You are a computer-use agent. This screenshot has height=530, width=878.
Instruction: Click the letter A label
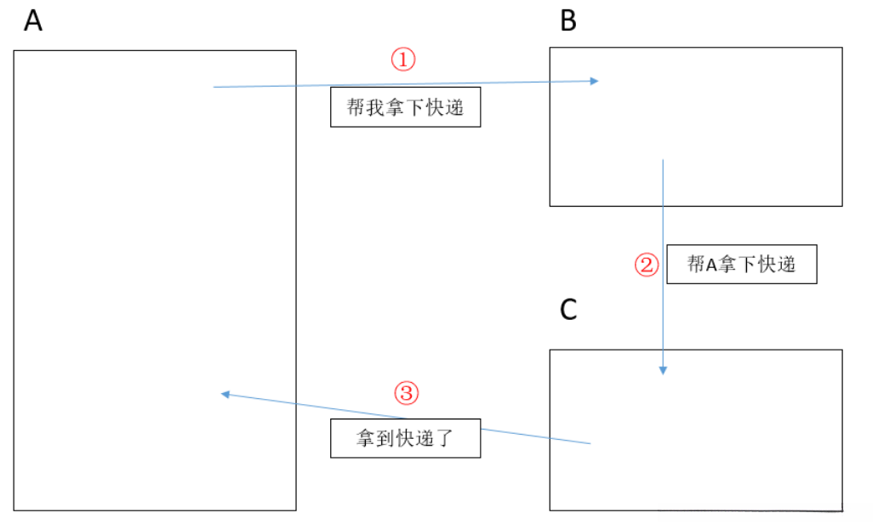click(x=33, y=21)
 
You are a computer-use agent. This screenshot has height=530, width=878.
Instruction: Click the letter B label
click(x=568, y=21)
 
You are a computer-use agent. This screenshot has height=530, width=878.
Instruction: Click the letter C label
click(x=568, y=311)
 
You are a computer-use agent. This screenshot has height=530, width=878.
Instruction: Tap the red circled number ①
click(x=402, y=60)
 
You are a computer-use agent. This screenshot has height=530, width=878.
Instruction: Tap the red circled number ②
click(x=647, y=265)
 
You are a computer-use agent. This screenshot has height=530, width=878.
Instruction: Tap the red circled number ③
click(x=407, y=393)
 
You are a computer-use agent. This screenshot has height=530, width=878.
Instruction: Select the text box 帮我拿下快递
click(x=405, y=107)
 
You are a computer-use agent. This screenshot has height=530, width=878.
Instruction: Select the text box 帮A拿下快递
click(x=741, y=265)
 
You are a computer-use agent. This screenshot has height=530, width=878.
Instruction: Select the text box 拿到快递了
click(x=405, y=438)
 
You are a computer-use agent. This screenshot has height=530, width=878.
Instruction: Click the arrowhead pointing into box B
click(x=595, y=81)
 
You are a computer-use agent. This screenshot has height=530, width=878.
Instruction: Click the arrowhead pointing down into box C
click(x=663, y=370)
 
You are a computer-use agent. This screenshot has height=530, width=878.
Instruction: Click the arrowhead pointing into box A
click(x=225, y=394)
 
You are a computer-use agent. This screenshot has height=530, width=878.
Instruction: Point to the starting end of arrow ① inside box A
click(x=214, y=87)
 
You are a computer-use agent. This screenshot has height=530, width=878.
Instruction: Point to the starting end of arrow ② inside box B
click(x=663, y=160)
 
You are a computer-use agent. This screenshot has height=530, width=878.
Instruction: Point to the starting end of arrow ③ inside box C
click(x=590, y=443)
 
